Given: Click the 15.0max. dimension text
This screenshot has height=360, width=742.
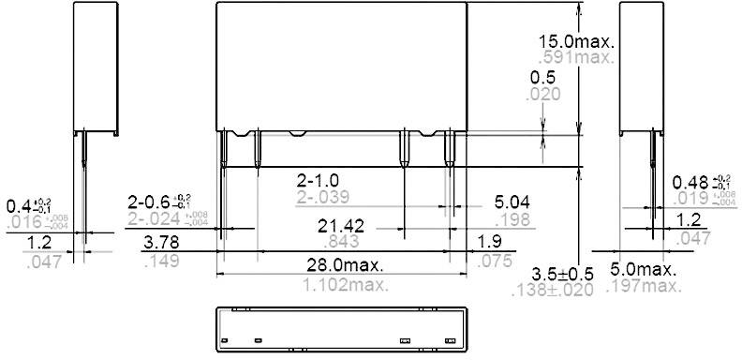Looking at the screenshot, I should coord(576,40).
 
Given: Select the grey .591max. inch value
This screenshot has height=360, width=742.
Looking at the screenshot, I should coord(576,57).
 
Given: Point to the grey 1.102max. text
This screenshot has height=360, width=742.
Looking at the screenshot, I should coord(342,283).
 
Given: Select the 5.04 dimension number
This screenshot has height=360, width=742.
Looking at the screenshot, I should coord(512,202).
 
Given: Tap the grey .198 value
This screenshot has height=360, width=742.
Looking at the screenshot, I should coord(513,220).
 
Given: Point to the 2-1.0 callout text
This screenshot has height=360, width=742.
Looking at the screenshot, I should coord(318,179).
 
